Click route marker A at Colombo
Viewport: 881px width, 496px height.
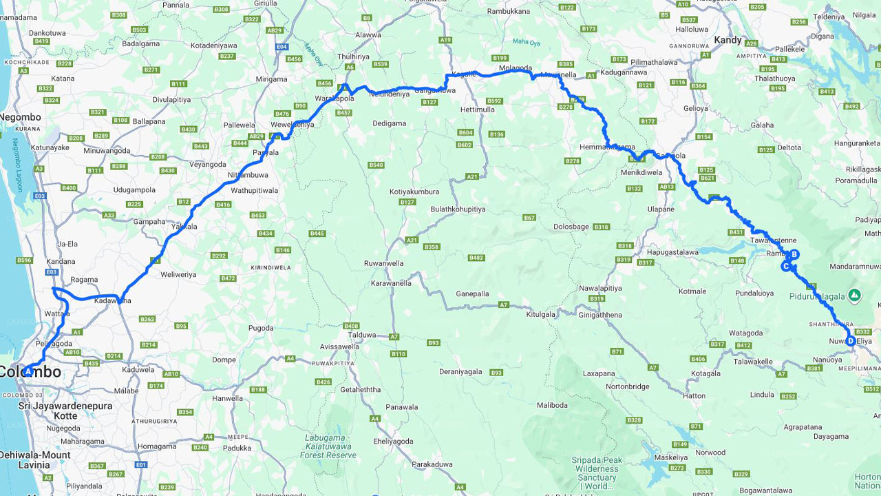(x=28, y=372)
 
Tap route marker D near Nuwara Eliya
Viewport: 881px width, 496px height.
(x=851, y=341)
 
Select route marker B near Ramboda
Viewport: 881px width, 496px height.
(x=794, y=254)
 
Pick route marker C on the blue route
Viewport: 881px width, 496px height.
(x=785, y=266)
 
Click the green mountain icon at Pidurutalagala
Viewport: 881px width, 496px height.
(x=854, y=296)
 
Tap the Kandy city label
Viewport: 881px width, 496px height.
(x=728, y=40)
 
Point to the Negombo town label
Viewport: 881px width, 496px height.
(x=21, y=117)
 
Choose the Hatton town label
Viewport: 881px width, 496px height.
(x=694, y=396)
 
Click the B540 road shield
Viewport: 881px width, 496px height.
(x=376, y=165)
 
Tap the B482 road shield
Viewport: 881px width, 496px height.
(x=476, y=258)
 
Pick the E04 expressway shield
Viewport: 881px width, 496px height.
(x=281, y=46)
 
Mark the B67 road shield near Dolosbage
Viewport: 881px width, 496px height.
(x=529, y=218)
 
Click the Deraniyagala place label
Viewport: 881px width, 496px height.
(x=460, y=371)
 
